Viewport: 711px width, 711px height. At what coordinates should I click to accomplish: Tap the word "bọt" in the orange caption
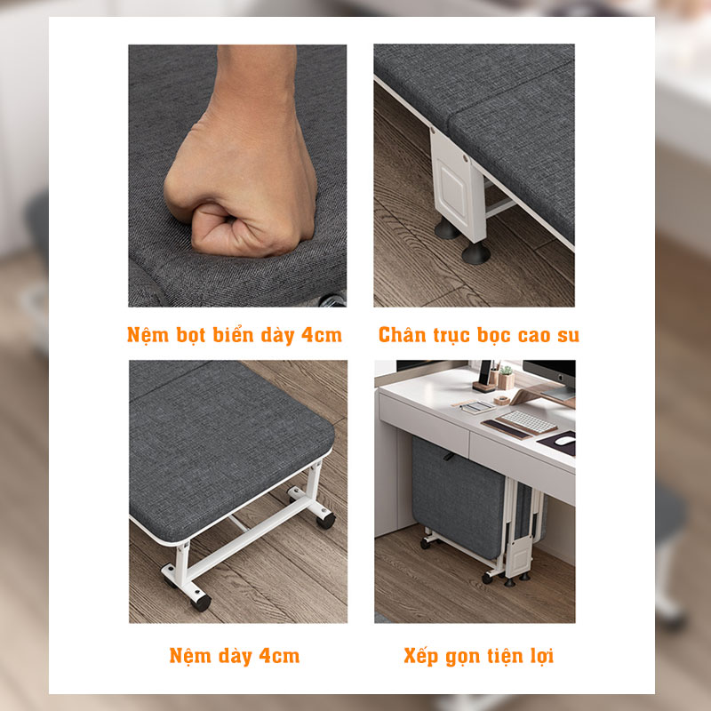tap(195, 336)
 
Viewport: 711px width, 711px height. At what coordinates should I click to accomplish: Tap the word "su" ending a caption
tap(568, 336)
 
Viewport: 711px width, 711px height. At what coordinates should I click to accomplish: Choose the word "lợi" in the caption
tap(544, 656)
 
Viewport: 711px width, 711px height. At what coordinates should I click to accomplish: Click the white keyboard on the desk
tap(526, 420)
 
